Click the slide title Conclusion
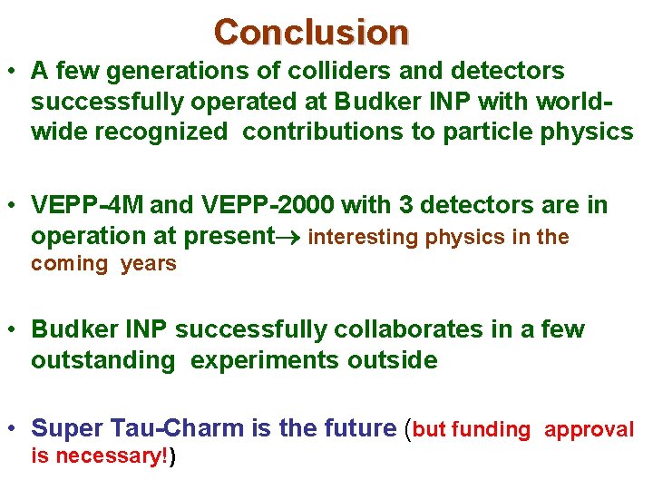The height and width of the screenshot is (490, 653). click(x=311, y=32)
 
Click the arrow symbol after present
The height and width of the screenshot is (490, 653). click(x=289, y=238)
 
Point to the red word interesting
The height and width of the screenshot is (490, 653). click(x=360, y=238)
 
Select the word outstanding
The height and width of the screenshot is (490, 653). click(x=102, y=360)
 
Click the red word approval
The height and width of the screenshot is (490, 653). click(x=589, y=430)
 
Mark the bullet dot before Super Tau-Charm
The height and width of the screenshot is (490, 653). click(x=14, y=429)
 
